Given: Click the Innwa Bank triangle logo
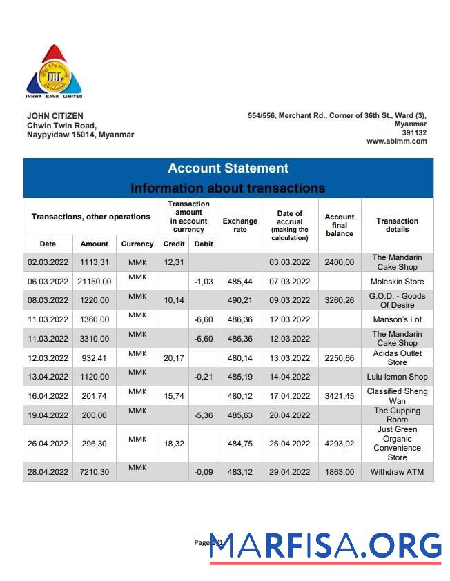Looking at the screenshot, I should coord(54,72).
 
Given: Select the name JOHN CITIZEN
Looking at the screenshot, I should coord(55,116).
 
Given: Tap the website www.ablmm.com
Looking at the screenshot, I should coord(396,141).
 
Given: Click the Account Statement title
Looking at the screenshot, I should coord(228,168).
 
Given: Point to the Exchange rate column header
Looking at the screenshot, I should coord(239,225).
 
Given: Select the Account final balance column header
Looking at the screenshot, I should coord(339,225).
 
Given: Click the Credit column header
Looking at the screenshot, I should coord(173,244).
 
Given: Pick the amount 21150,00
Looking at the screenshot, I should coord(94,282).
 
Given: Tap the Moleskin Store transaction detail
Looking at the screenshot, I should coord(397,282).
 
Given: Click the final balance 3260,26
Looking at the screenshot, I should coord(339,301).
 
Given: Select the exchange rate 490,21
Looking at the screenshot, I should coord(240,301).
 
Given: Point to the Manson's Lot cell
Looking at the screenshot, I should coord(397,319).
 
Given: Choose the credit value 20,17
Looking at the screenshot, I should coord(173,358).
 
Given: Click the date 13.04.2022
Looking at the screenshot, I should coord(48,377).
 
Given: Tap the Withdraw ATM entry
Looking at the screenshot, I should coord(397,472).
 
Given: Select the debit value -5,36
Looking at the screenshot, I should coord(203,415).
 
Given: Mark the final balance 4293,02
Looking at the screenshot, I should coord(339,444).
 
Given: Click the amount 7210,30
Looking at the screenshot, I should coord(94,472).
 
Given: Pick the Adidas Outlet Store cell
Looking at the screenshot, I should coord(397,357).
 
